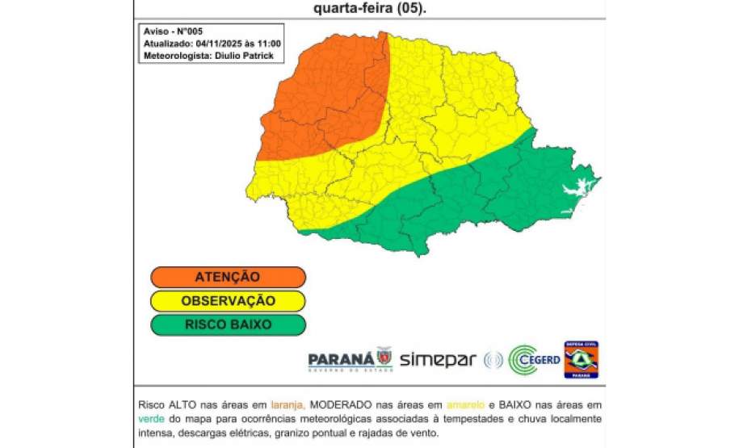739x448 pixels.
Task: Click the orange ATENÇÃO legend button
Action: (x=228, y=277)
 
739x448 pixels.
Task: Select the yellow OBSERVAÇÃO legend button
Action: (x=228, y=301)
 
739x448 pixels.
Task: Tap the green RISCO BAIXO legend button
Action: (x=228, y=325)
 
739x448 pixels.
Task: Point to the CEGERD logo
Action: (x=533, y=360)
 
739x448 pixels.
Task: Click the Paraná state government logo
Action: (x=350, y=359)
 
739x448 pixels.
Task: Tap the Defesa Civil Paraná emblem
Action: (x=581, y=359)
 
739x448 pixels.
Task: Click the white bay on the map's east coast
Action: (x=574, y=191)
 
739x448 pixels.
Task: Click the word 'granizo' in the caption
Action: (x=320, y=434)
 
